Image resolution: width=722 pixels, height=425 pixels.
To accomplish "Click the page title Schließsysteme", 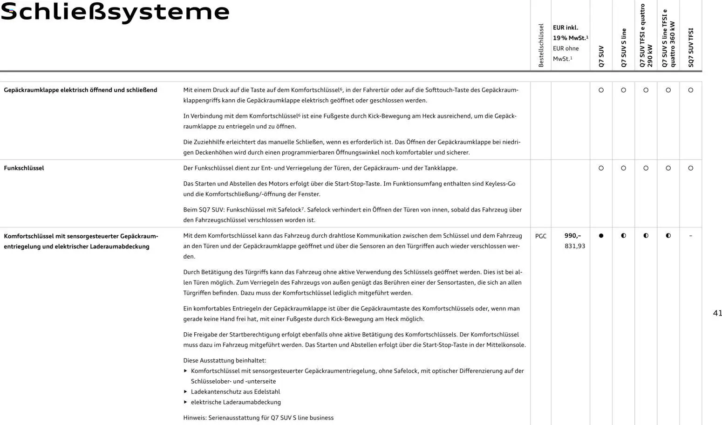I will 115,12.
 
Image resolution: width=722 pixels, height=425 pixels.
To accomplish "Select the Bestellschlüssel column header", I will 541,46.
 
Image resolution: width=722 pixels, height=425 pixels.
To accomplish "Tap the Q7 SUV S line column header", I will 624,48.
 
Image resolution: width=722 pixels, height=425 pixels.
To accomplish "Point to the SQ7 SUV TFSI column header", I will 691,48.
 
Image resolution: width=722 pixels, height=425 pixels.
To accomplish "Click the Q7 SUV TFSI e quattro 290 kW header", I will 646,36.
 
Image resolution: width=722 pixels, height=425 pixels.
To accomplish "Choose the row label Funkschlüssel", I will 24,168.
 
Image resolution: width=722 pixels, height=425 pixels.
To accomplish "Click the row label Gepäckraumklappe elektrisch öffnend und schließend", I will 80,90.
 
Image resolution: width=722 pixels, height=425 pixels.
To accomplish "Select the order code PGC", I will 541,236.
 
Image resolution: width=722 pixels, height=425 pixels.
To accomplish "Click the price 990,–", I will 572,236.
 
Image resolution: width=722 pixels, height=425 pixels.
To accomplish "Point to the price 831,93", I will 575,246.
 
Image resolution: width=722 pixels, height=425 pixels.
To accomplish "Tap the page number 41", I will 717,313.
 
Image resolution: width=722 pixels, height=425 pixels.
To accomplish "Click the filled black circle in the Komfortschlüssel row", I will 601,236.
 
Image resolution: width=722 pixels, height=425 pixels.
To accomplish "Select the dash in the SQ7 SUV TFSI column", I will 690,236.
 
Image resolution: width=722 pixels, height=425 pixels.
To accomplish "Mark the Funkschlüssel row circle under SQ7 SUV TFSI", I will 690,168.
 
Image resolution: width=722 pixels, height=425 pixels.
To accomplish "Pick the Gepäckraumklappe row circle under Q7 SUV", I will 601,90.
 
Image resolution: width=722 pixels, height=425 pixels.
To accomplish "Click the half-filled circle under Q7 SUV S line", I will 623,236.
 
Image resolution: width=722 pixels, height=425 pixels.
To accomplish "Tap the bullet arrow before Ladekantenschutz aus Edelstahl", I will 185,392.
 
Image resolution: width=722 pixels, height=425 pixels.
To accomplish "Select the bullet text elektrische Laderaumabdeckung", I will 236,402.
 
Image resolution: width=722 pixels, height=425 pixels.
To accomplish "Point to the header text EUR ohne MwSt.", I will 565,54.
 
